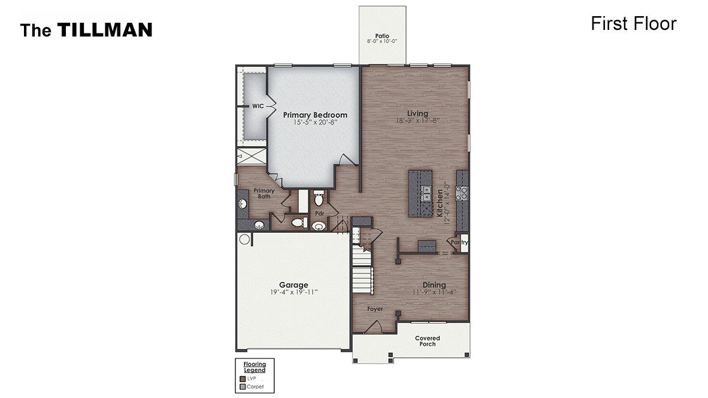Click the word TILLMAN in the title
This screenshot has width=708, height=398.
(x=105, y=30)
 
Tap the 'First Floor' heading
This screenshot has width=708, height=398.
(x=633, y=23)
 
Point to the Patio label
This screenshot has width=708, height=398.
(x=382, y=36)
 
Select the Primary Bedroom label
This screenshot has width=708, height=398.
(x=315, y=115)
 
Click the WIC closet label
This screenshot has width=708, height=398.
(x=258, y=106)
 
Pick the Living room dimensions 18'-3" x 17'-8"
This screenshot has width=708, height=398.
(x=417, y=120)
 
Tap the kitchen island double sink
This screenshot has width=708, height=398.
(x=427, y=193)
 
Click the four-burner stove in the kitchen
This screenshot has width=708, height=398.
(x=462, y=193)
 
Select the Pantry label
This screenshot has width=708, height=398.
(x=459, y=242)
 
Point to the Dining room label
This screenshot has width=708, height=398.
(x=434, y=285)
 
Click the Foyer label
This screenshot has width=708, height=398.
(x=375, y=309)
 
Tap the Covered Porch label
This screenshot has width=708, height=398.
(x=428, y=341)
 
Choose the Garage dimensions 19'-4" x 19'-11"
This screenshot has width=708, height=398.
(x=294, y=293)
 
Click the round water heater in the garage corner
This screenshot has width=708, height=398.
(x=245, y=239)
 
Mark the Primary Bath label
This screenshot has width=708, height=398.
(x=264, y=193)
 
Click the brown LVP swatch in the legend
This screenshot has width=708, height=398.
(x=243, y=378)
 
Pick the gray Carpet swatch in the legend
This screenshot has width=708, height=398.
(x=243, y=387)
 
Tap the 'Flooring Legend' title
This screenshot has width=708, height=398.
(x=255, y=367)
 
